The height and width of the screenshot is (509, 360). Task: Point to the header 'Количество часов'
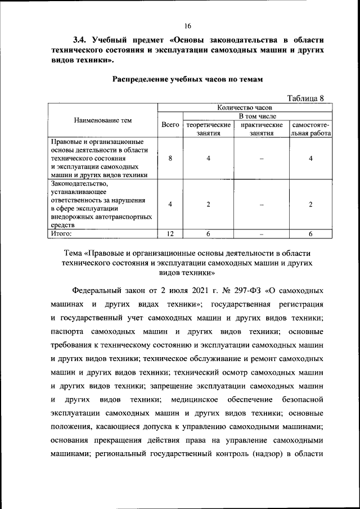pos(244,107)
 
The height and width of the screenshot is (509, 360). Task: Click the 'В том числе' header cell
pos(256,115)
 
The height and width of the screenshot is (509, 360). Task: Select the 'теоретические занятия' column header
pos(208,129)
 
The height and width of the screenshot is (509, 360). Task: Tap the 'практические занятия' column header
pos(261,129)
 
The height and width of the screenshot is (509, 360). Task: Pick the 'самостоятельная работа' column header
pos(310,129)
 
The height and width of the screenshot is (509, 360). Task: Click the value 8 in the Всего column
pos(170,159)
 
